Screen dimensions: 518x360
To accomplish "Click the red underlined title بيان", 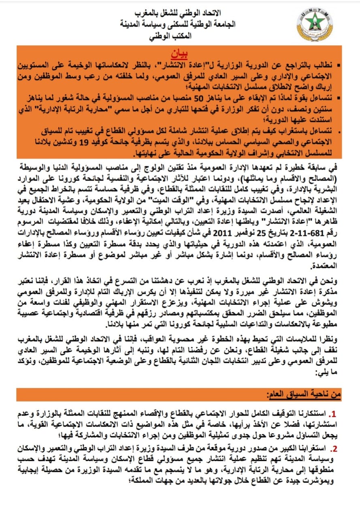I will [182, 53].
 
